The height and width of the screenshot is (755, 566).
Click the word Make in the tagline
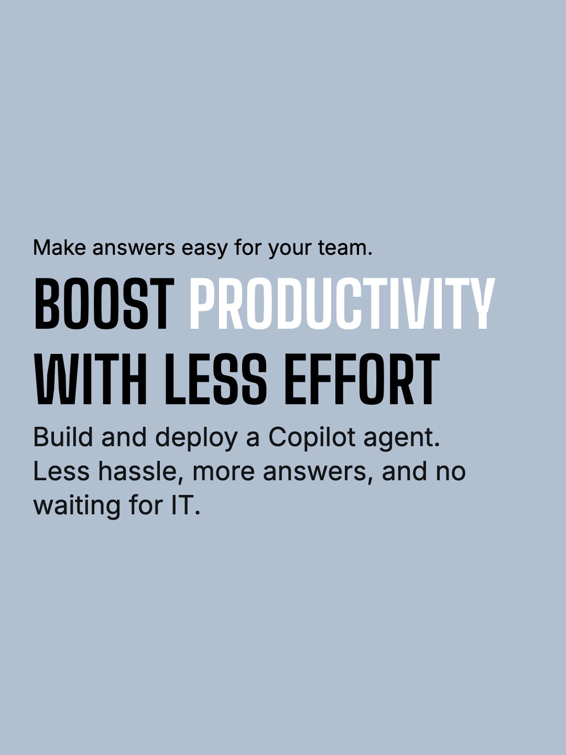(59, 247)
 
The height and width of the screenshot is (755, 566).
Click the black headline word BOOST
(104, 304)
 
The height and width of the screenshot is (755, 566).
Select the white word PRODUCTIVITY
(342, 304)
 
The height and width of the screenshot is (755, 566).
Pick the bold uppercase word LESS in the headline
(216, 380)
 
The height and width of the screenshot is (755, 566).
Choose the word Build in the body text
(63, 437)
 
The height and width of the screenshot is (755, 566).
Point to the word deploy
(197, 438)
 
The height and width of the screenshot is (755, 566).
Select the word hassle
(139, 471)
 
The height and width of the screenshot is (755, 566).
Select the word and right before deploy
(124, 437)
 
